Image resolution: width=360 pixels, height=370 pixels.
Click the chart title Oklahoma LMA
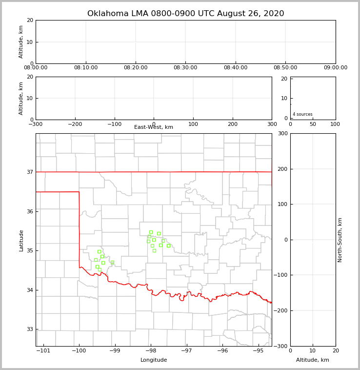[x=185, y=14]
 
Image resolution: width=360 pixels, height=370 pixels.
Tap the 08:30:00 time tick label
[x=185, y=68]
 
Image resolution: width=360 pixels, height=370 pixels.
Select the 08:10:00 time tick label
[x=86, y=68]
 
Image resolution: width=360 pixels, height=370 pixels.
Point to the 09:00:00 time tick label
[x=335, y=68]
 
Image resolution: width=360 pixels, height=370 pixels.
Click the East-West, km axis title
[x=154, y=127]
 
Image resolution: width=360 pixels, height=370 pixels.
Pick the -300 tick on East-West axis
[x=36, y=124]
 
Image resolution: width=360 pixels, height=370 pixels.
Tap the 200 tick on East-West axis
[x=233, y=124]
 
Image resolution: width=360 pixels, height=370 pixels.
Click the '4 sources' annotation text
[x=302, y=114]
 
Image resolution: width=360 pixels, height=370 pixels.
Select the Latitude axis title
[x=21, y=240]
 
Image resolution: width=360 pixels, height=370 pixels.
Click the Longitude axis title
[x=154, y=360]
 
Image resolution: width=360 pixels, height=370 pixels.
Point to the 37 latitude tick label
[x=29, y=172]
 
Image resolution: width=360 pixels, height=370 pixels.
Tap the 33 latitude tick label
[x=29, y=329]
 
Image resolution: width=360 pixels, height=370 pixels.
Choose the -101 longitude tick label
[x=44, y=350]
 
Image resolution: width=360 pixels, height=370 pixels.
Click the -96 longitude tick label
[x=222, y=350]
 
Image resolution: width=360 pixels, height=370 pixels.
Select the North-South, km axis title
[x=340, y=240]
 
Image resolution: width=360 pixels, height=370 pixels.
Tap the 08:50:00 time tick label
[x=285, y=68]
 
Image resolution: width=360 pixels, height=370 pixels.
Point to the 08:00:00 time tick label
[x=36, y=68]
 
